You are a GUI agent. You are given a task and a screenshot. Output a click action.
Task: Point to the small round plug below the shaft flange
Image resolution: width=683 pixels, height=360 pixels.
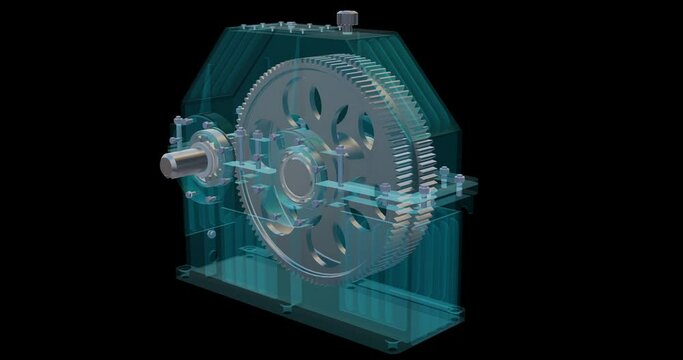(x=211, y=233)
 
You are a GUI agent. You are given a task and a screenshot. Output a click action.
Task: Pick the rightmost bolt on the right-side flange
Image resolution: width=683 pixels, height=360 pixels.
(x=460, y=180)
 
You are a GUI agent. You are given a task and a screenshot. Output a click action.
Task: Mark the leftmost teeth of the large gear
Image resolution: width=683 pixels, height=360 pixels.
(x=239, y=170)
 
